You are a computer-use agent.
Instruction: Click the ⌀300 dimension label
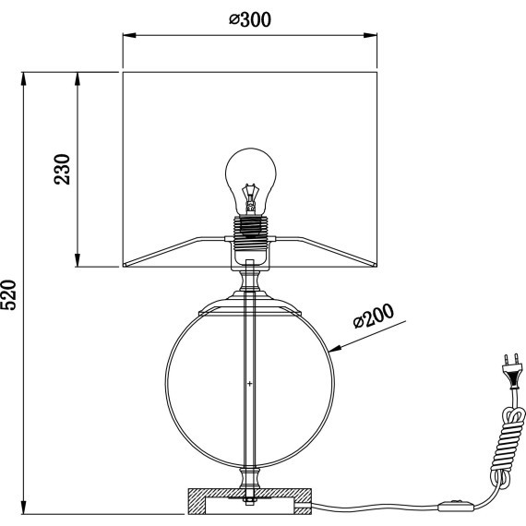[250, 19]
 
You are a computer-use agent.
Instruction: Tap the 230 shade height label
[62, 169]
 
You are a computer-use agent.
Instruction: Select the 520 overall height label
[8, 295]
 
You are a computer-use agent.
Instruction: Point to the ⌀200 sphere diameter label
[374, 316]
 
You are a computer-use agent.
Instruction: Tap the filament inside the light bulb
[251, 197]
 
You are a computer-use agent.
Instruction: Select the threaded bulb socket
[250, 233]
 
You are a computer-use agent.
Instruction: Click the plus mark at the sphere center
[249, 384]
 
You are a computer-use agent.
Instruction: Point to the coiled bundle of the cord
[507, 446]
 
